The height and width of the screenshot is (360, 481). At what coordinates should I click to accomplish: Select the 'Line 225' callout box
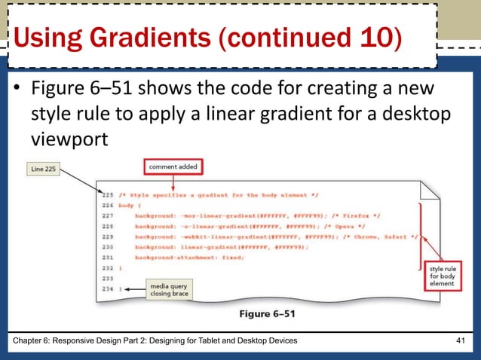38,169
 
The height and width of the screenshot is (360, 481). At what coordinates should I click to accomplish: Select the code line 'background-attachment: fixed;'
188,257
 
